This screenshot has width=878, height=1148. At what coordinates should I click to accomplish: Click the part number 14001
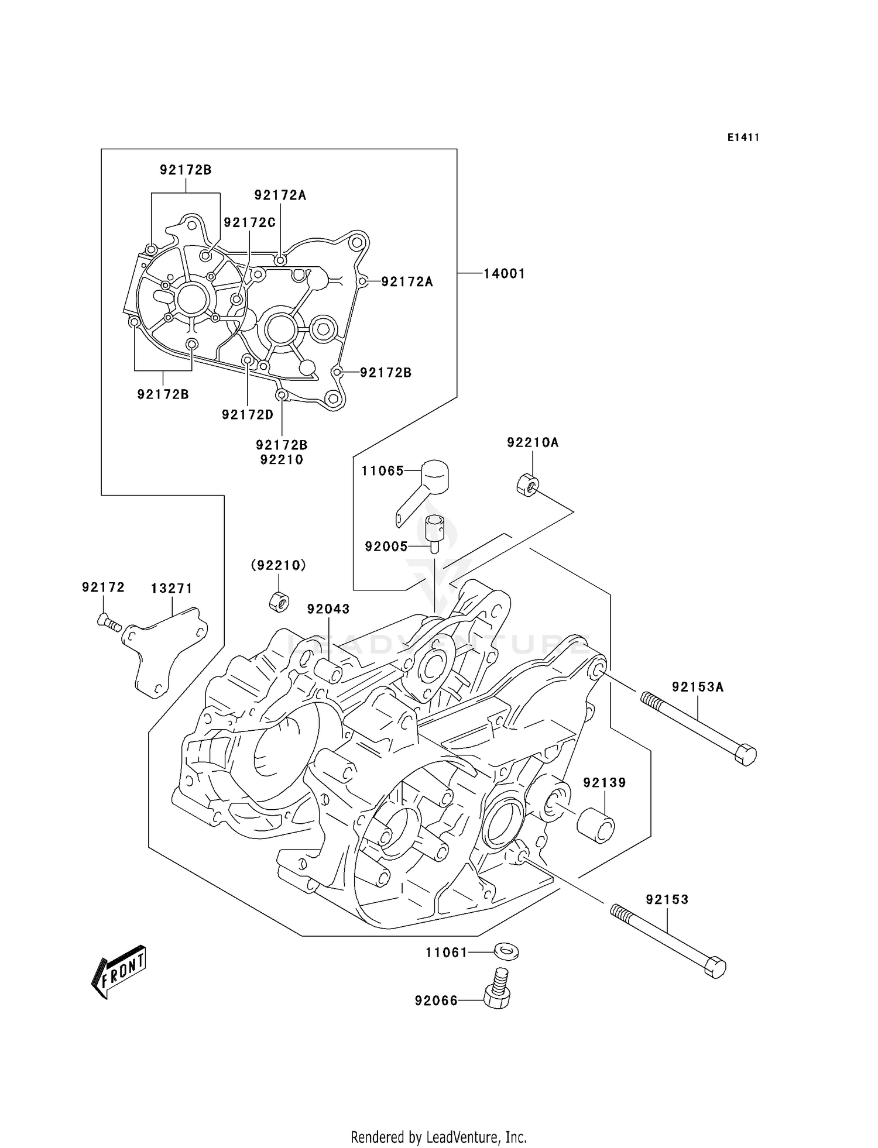coord(504,273)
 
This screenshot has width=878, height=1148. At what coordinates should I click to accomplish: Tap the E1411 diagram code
coord(743,138)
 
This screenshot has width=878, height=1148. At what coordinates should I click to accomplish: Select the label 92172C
coord(249,222)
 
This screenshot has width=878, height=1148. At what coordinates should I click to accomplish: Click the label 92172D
coord(248,415)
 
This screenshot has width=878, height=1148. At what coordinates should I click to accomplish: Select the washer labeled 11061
coord(506,952)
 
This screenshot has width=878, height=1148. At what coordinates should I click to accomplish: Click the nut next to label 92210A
coord(527,485)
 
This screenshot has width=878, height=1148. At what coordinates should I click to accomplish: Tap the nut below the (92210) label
coord(279,602)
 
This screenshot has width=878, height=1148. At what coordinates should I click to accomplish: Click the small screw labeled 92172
coord(108,623)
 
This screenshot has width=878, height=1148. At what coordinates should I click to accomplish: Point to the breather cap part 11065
coord(433,477)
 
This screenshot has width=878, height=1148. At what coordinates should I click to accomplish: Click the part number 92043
coord(328,609)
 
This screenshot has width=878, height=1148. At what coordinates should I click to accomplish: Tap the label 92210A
coord(533,443)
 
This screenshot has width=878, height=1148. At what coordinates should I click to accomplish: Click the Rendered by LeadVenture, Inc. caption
coord(438,1137)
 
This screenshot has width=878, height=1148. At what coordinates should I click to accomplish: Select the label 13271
coord(172,589)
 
